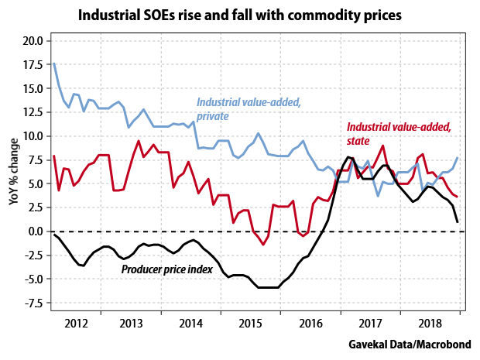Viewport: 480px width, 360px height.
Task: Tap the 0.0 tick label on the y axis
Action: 33,231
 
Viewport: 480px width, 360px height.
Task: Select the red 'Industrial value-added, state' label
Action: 398,133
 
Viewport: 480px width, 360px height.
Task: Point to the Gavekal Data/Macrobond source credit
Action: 411,343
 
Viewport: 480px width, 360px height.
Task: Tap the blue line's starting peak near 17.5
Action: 53,63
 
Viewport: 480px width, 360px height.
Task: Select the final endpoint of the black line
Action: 457,222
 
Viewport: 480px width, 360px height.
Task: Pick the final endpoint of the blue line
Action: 457,158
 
